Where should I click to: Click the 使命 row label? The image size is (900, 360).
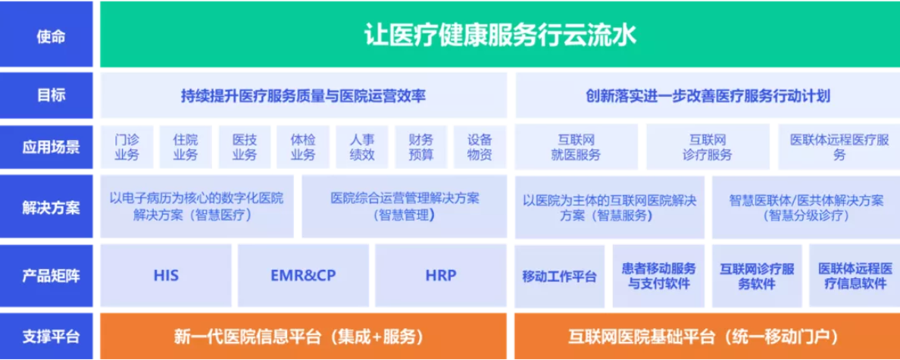[x=51, y=36]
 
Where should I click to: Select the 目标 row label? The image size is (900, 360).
[x=51, y=96]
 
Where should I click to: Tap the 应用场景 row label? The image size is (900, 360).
[x=51, y=148]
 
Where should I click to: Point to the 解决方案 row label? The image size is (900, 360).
[x=51, y=208]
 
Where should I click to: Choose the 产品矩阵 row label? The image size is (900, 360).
[x=51, y=276]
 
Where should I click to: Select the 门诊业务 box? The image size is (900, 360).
[x=127, y=147]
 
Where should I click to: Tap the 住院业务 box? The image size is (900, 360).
[x=186, y=147]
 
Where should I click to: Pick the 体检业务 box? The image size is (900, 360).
[x=303, y=147]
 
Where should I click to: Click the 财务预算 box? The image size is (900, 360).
[x=420, y=147]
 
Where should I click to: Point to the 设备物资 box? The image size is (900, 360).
[x=480, y=147]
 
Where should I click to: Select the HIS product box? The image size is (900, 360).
[x=166, y=276]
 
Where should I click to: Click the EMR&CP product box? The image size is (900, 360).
[x=303, y=276]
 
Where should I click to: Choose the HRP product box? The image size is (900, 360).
[x=441, y=276]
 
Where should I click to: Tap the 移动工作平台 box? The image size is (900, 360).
[x=560, y=276]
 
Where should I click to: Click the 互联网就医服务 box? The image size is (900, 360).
[x=577, y=147]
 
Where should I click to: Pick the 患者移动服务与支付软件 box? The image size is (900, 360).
[x=658, y=276]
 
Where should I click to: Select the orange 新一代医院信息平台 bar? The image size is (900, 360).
[x=303, y=337]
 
